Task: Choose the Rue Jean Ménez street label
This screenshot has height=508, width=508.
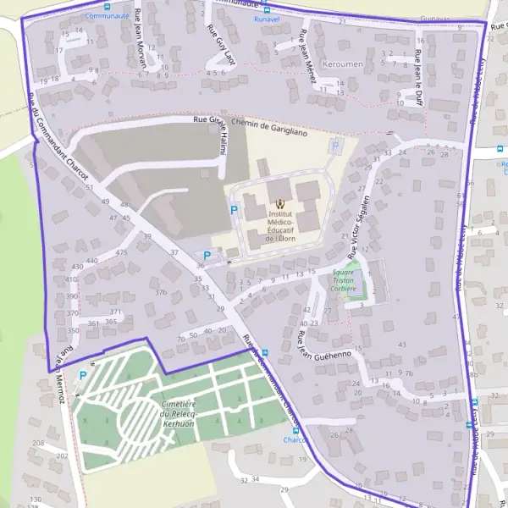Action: coord(307,57)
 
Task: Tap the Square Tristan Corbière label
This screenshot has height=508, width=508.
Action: coord(344,281)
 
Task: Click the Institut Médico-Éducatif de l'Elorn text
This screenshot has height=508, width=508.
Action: coord(279,227)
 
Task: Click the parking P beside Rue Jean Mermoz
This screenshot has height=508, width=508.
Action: coord(83,375)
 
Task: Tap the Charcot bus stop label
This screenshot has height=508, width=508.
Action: coord(295,439)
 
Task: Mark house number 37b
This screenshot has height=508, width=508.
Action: coord(161,292)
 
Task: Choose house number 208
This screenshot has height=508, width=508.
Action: coord(38,443)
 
